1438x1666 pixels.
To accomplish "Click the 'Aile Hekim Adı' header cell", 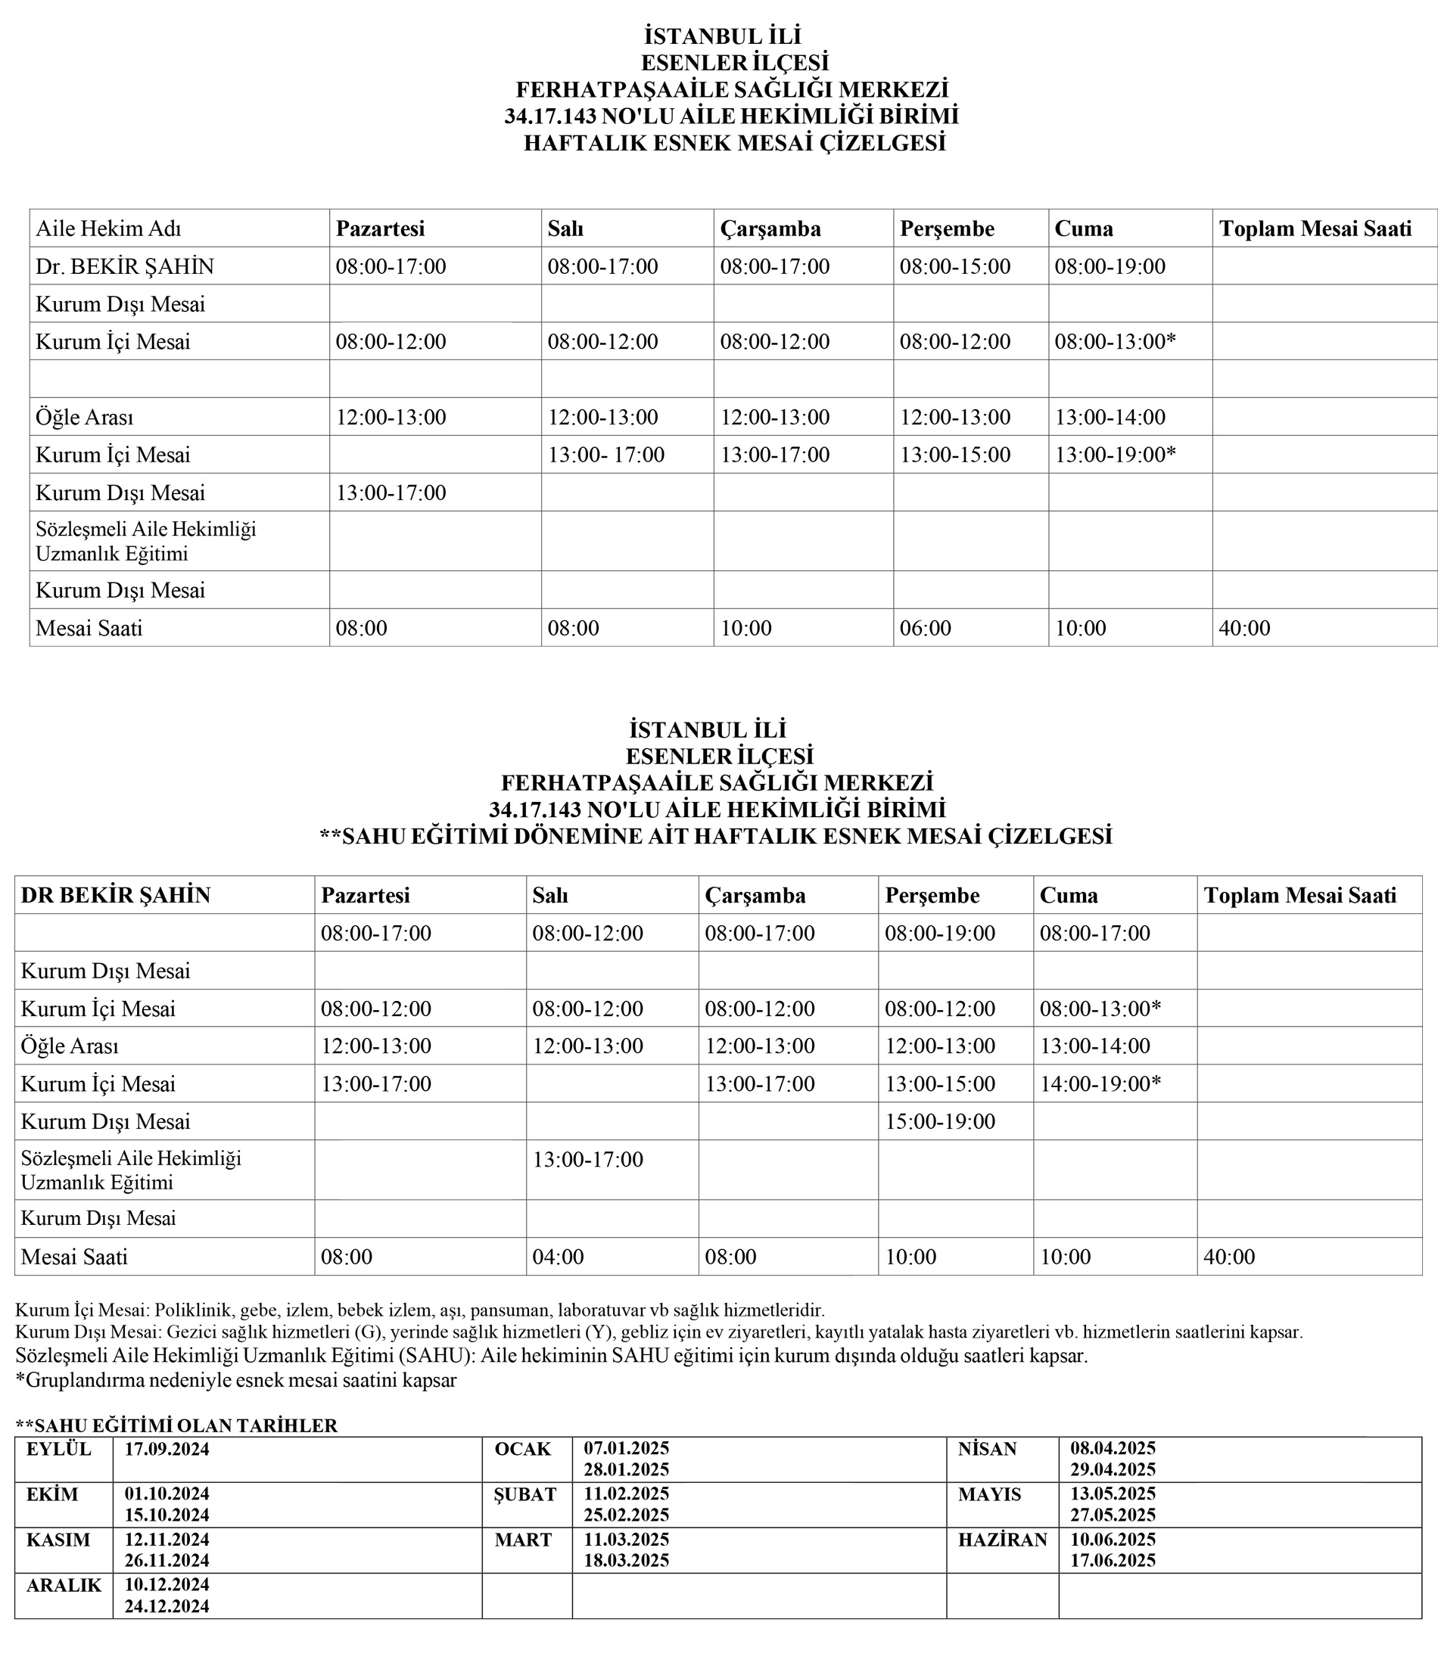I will tap(108, 229).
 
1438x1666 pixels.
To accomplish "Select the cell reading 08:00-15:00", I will tap(954, 267).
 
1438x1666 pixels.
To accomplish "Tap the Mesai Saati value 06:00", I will tap(925, 628).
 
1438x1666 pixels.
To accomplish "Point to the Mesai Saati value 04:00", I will tap(557, 1257).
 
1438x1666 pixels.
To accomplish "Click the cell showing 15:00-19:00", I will tap(940, 1122).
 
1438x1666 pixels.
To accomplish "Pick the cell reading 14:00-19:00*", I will tap(1100, 1084).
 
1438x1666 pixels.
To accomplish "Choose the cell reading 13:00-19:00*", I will tap(1115, 455).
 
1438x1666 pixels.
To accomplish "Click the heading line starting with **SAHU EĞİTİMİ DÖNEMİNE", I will tap(716, 836).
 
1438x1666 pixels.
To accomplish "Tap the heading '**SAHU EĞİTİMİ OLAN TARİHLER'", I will tap(176, 1425).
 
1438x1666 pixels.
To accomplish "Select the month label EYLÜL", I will tap(59, 1449).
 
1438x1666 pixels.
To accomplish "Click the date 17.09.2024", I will tap(167, 1449).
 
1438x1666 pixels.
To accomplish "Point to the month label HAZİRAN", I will tap(1002, 1540).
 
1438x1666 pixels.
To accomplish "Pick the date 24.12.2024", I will tap(167, 1606).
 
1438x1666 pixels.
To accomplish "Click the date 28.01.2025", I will tap(627, 1470).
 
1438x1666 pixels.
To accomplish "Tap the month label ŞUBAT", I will tap(525, 1495).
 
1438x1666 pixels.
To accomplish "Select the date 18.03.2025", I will tap(627, 1561).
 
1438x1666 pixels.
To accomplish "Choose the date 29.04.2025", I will tap(1113, 1470).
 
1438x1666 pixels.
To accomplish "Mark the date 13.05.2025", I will tap(1113, 1494).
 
